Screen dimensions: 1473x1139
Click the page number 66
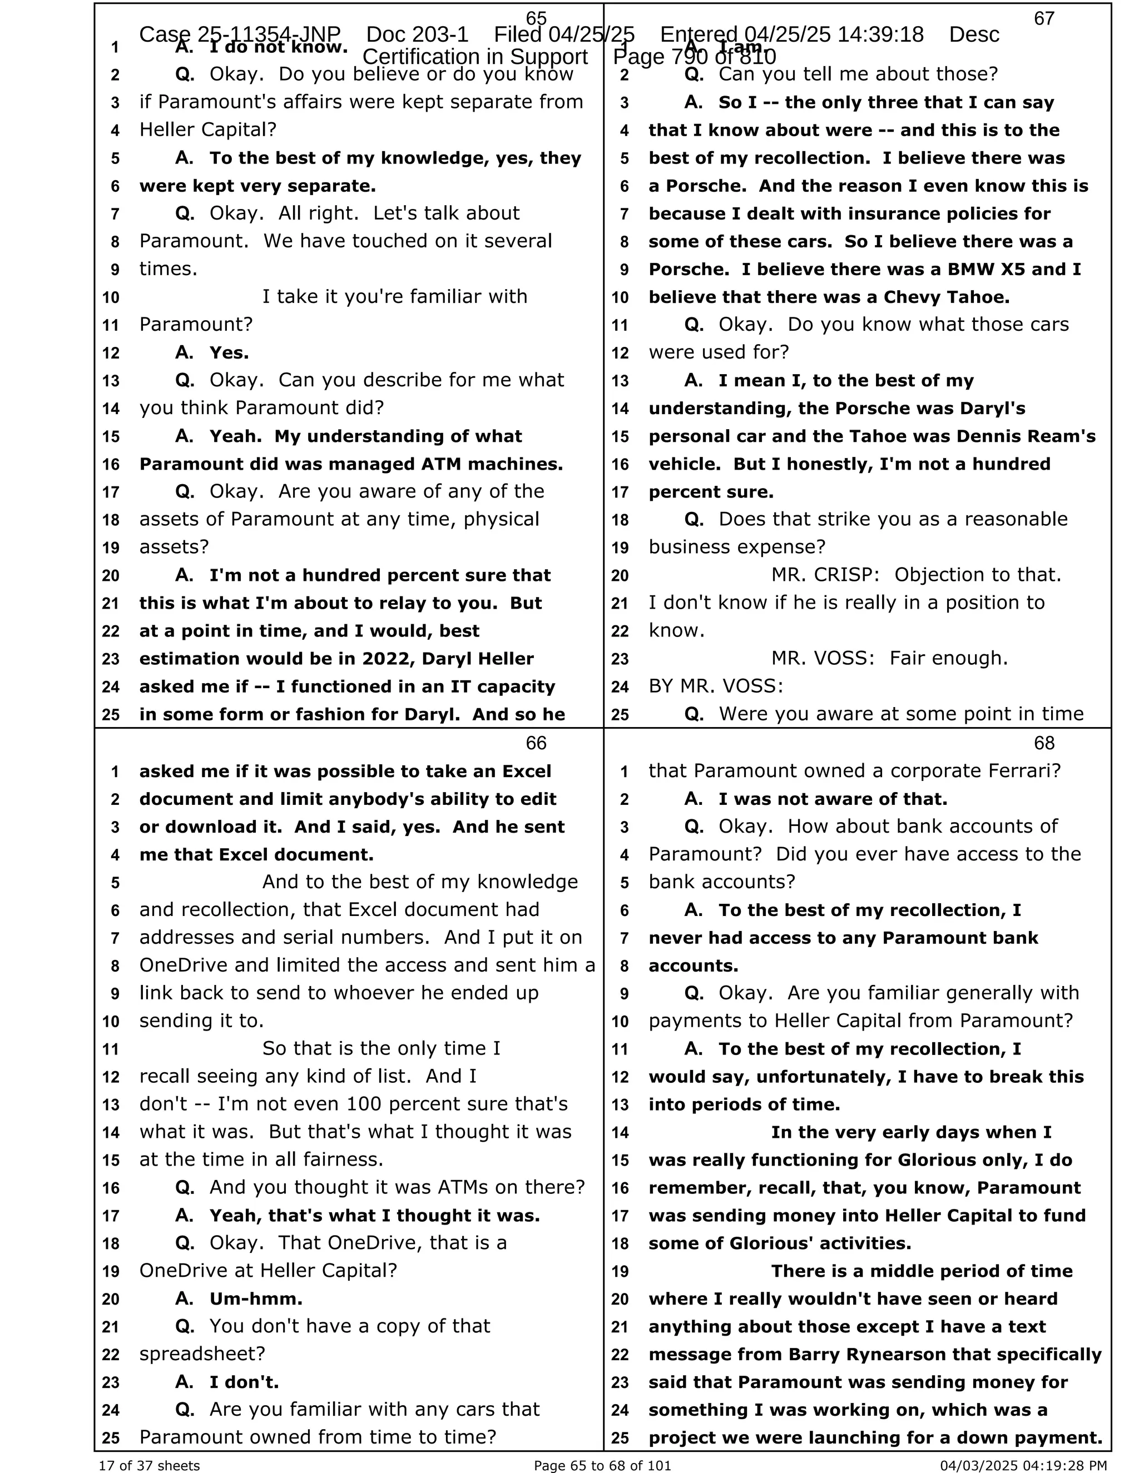coord(536,743)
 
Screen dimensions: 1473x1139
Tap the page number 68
coord(1044,743)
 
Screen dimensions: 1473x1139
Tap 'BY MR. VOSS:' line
coord(716,686)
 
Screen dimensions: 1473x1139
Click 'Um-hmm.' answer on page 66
coord(256,1298)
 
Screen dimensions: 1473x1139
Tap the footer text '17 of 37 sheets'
coord(149,1465)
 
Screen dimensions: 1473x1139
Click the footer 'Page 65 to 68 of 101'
coord(602,1465)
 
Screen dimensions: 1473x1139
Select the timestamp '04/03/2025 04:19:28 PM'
coord(1024,1465)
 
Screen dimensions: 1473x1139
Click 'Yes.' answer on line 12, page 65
coord(229,353)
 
